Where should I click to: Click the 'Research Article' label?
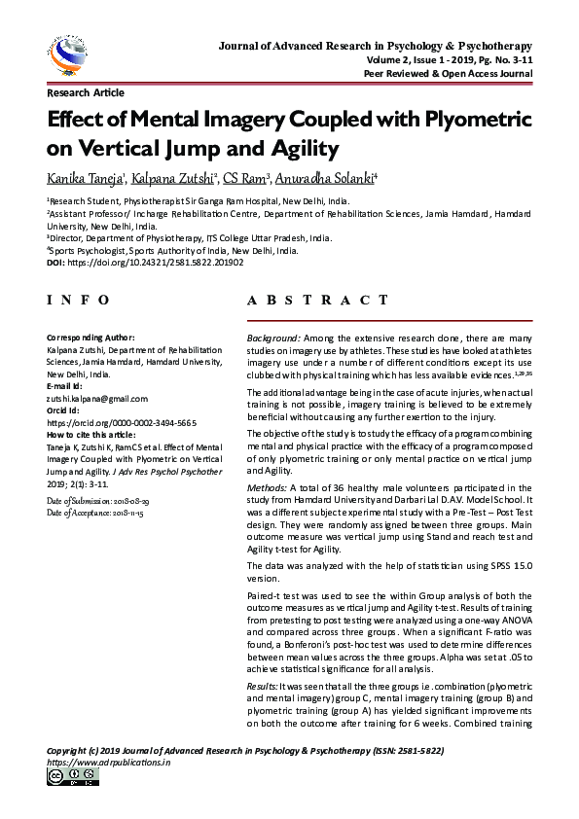[x=86, y=93]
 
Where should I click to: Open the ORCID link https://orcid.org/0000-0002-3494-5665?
[x=122, y=423]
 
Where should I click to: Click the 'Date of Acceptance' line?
[x=94, y=512]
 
